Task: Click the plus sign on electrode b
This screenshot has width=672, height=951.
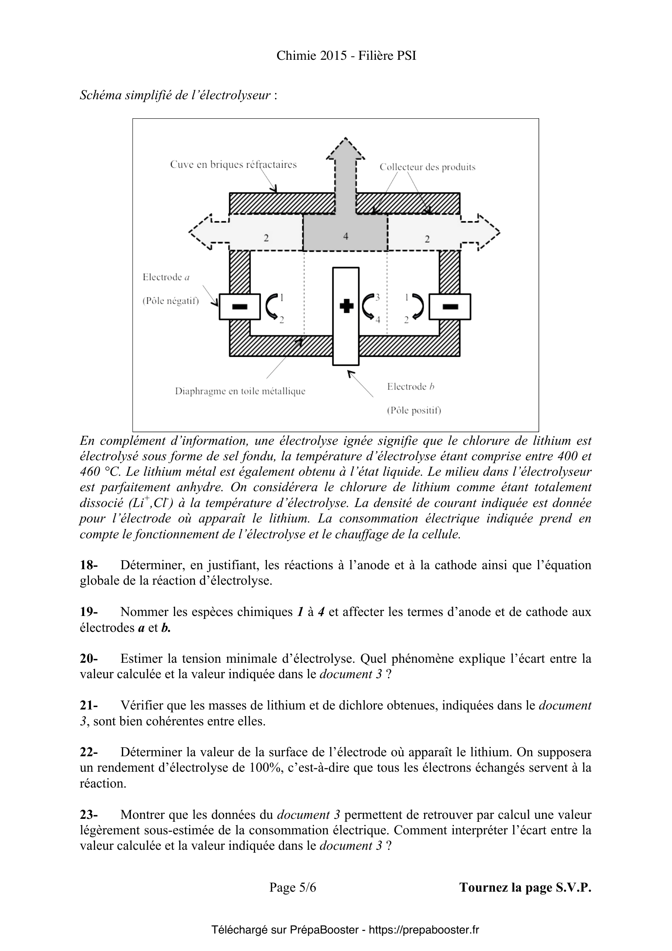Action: click(x=346, y=307)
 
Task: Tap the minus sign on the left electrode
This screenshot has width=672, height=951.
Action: click(x=240, y=307)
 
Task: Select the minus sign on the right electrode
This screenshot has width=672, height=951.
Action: click(x=450, y=307)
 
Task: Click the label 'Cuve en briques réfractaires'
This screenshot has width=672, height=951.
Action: click(x=233, y=164)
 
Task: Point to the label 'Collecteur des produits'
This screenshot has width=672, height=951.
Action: click(x=427, y=168)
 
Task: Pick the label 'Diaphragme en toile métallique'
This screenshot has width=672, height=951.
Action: click(x=240, y=392)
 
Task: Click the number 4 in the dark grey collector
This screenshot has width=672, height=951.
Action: click(x=345, y=236)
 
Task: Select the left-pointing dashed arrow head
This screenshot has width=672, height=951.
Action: click(x=200, y=232)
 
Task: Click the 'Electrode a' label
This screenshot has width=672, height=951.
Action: click(x=166, y=277)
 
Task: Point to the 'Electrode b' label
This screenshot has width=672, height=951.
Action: click(x=410, y=386)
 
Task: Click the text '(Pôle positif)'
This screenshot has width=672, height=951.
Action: click(x=414, y=411)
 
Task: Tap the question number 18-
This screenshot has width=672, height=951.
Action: click(x=89, y=565)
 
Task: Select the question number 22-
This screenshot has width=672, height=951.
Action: click(x=89, y=752)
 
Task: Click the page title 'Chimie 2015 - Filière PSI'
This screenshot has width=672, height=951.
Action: click(x=346, y=56)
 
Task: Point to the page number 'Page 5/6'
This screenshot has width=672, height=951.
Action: click(x=293, y=887)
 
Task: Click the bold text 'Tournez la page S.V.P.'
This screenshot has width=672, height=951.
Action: click(x=525, y=887)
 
